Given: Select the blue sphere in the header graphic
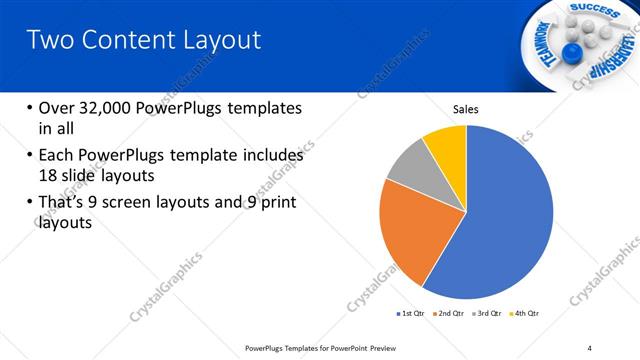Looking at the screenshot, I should [x=572, y=51].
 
